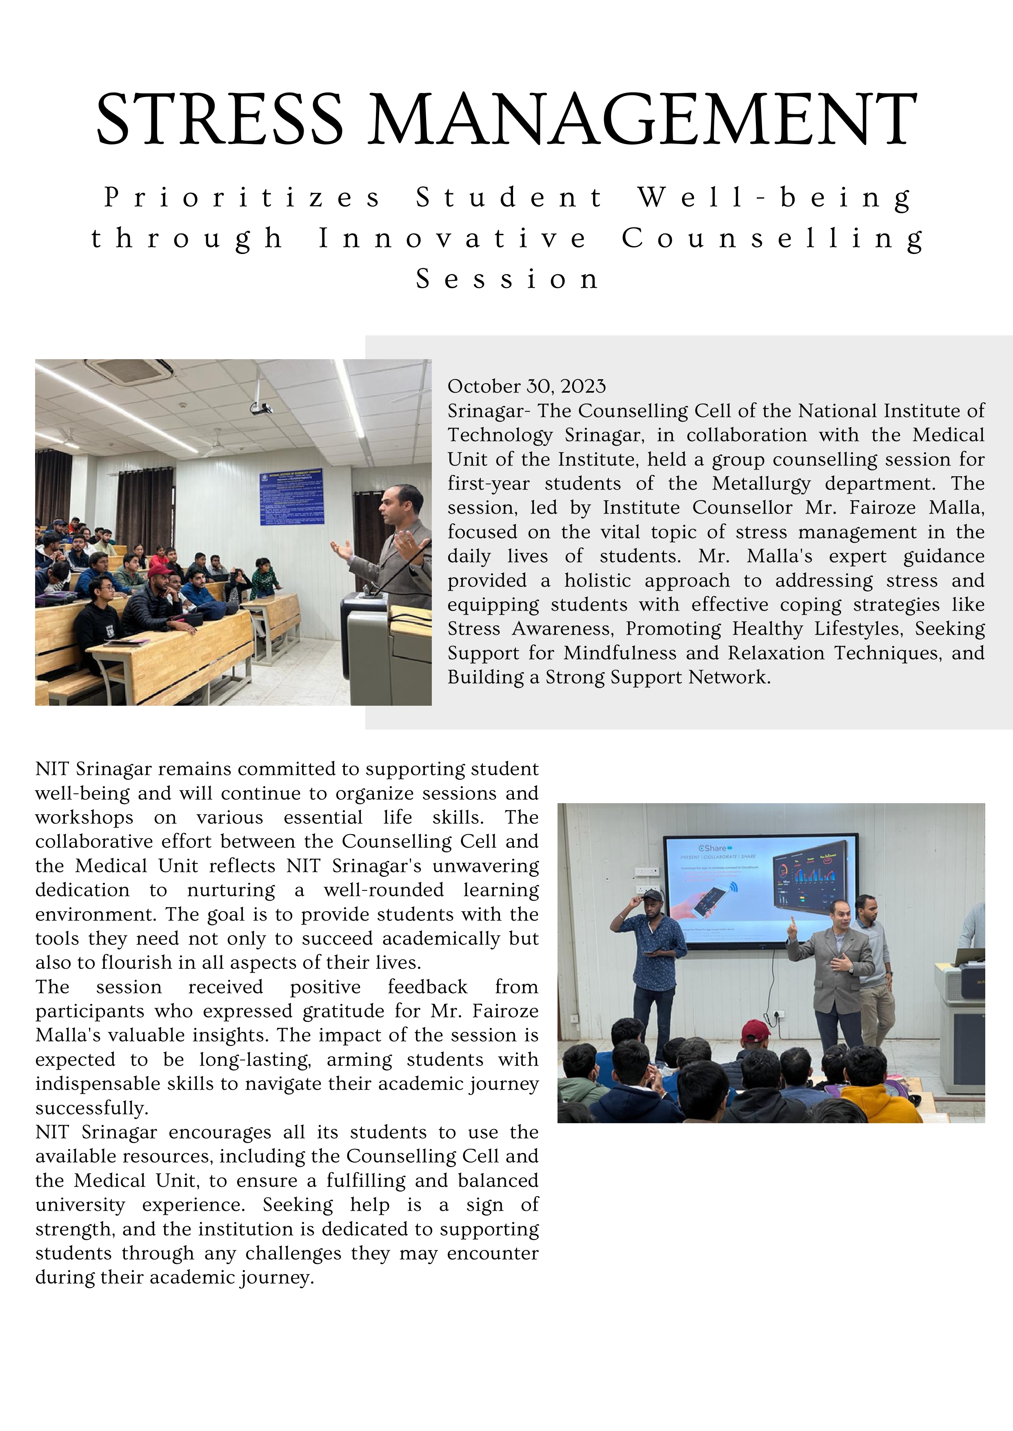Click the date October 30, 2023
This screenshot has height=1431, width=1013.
tap(526, 386)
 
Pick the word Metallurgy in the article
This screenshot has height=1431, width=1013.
tap(761, 484)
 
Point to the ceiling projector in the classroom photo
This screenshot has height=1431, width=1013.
tap(261, 408)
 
